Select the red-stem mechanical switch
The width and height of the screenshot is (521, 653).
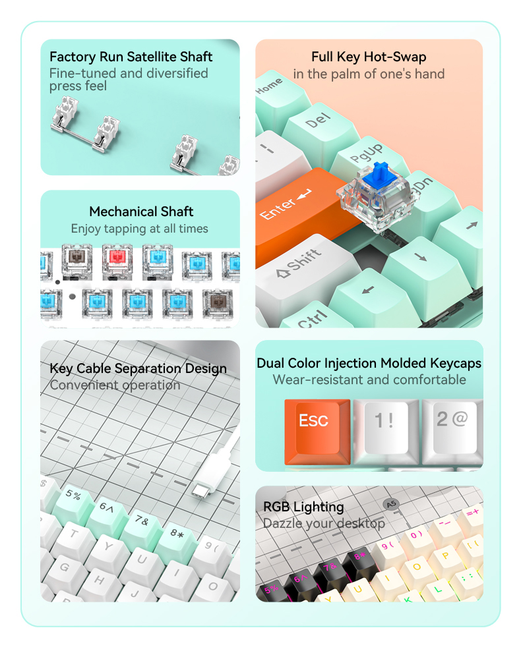(x=117, y=259)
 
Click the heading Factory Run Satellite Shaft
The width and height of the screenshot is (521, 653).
(x=131, y=57)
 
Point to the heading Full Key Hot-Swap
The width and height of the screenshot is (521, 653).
(x=369, y=57)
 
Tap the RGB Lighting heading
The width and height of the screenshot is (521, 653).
(x=303, y=507)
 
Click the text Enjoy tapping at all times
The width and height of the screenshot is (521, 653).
(x=140, y=229)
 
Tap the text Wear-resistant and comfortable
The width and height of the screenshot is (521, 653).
(x=369, y=380)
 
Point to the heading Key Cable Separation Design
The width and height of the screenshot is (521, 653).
(x=138, y=368)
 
